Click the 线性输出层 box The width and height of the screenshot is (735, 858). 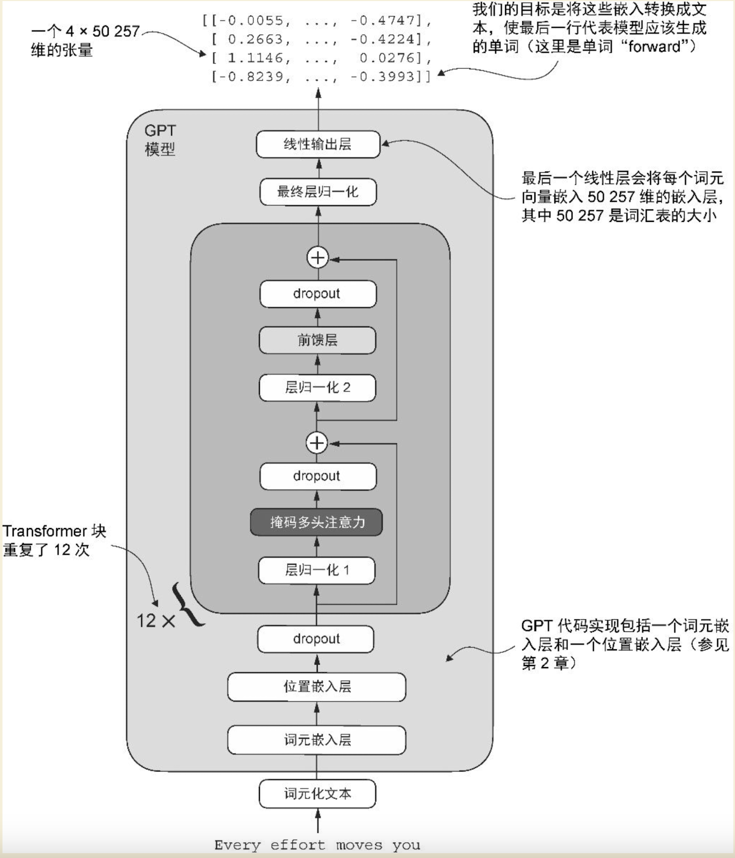[318, 144]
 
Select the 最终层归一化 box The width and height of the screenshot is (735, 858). [318, 192]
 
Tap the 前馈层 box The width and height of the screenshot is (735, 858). [318, 340]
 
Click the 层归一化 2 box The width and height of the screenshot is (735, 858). [318, 388]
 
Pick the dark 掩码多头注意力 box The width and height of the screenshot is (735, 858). [317, 522]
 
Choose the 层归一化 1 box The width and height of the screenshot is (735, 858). [317, 570]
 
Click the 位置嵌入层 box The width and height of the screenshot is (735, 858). [317, 687]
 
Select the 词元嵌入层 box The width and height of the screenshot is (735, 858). [317, 740]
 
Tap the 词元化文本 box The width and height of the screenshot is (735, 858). [317, 793]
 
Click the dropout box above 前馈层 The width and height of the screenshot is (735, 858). [318, 294]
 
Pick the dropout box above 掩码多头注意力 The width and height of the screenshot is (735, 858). [318, 476]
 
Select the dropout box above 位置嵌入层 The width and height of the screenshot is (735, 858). [316, 639]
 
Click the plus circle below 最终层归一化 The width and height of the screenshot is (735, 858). [318, 258]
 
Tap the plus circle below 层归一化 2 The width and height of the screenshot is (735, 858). [317, 443]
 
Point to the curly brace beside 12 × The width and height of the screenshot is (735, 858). [190, 604]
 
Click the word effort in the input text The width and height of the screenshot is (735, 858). [298, 845]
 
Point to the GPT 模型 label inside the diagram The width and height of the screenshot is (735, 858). [160, 140]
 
